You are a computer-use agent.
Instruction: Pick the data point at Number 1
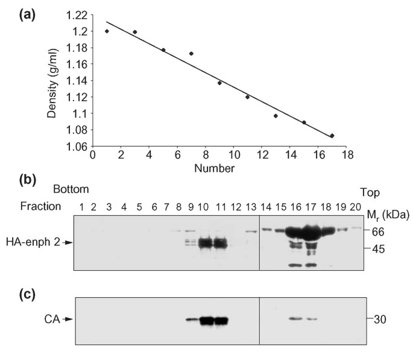(107, 31)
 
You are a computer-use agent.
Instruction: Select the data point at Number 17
(332, 136)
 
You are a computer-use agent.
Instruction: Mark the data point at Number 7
(191, 54)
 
